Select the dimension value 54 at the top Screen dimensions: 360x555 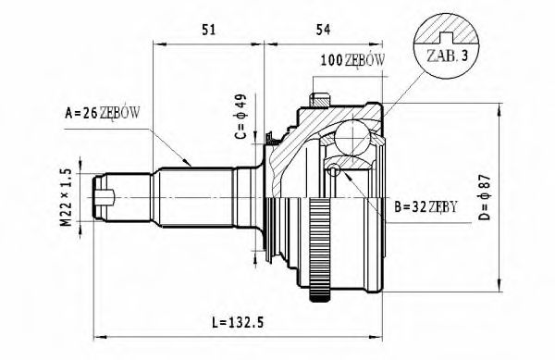(323, 29)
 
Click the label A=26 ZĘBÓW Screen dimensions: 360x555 (102, 114)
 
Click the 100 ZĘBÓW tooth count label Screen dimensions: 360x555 (352, 61)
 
